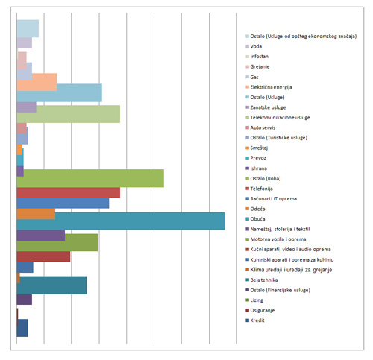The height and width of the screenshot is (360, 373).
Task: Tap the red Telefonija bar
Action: [69, 192]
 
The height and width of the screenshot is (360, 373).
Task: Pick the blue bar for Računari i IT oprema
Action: [63, 203]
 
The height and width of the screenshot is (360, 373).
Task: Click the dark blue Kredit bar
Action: [22, 328]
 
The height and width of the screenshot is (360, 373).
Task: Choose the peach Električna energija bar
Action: [37, 82]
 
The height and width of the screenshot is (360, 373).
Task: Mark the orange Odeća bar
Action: [36, 214]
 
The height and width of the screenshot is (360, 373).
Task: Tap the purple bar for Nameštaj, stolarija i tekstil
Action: [41, 236]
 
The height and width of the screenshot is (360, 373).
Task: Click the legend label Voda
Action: [256, 46]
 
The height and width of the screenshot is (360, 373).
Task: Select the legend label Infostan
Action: [260, 57]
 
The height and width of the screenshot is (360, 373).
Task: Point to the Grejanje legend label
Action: [260, 67]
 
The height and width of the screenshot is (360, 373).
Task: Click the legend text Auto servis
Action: [263, 127]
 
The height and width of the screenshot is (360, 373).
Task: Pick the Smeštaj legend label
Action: [259, 148]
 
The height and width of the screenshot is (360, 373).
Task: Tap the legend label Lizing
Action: [257, 300]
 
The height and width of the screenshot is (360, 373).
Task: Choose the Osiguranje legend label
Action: [263, 311]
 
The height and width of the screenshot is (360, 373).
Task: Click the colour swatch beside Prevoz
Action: [247, 158]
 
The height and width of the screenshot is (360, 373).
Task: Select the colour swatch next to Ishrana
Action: [247, 168]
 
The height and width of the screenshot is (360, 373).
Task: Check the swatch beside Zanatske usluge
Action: [247, 107]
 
